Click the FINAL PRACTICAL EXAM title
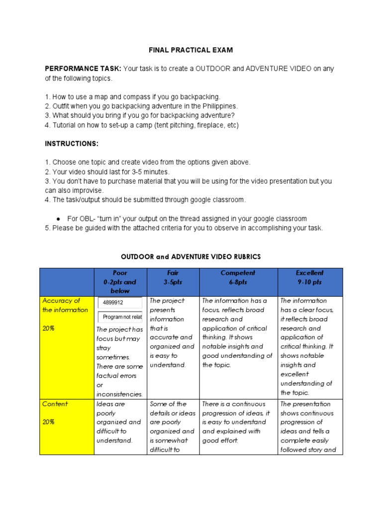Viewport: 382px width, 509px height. coord(191,50)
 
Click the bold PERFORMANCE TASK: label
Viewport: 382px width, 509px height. coord(83,69)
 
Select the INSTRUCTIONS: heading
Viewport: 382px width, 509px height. coord(72,144)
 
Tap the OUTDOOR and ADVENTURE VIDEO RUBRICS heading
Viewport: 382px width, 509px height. coord(191,256)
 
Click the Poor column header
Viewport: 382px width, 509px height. coord(120,273)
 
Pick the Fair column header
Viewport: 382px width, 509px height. coord(173,273)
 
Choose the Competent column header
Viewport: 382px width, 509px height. coord(238,273)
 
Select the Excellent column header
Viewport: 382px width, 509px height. coord(309,273)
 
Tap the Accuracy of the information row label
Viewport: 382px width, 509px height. coord(65,305)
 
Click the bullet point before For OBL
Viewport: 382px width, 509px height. coord(58,219)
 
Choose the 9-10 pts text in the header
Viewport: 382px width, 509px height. coord(309,282)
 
